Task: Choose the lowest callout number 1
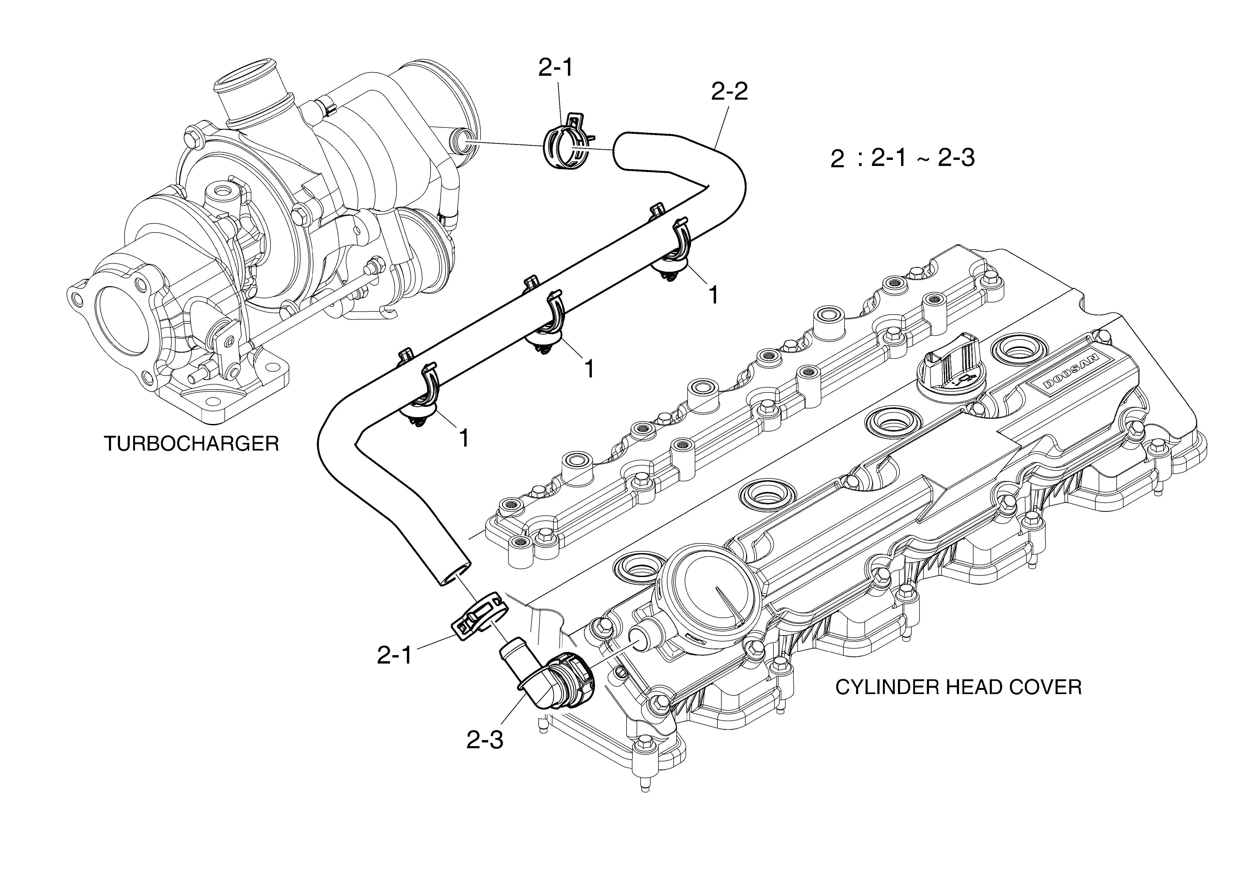[464, 438]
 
